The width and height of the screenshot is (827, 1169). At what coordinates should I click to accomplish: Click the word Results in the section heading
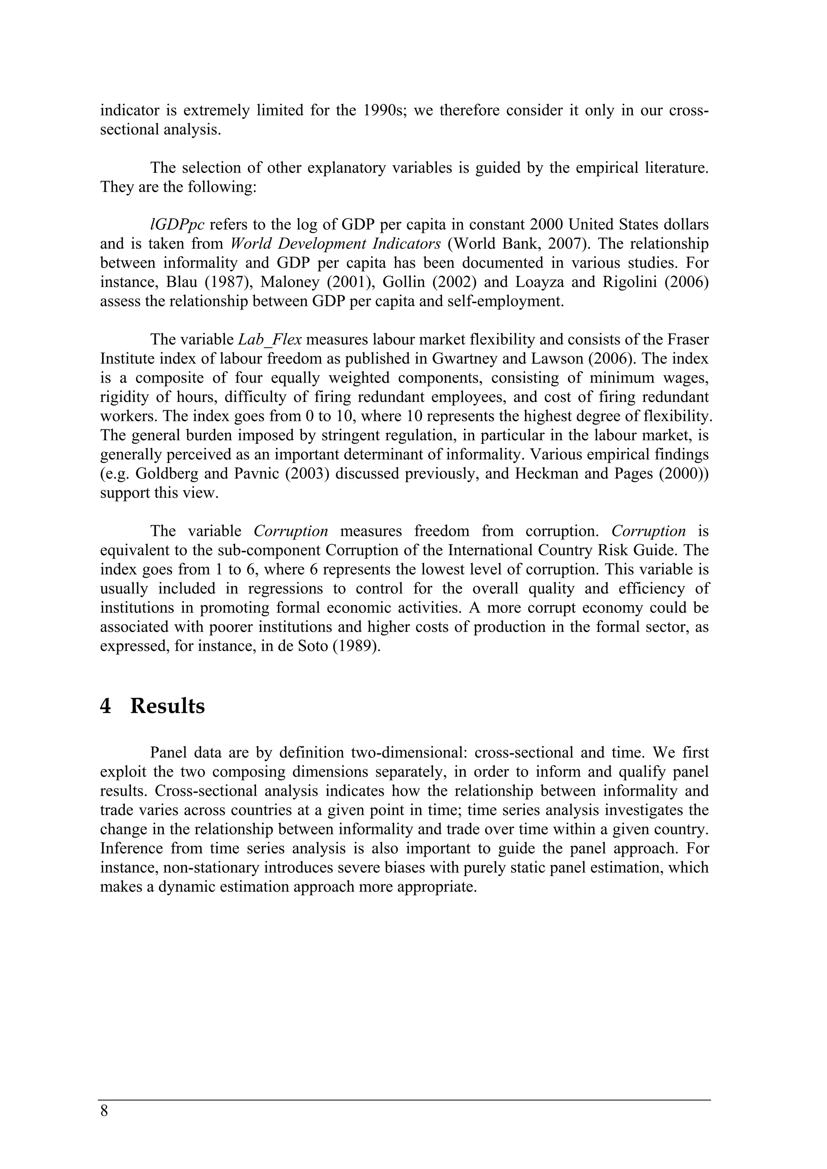167,707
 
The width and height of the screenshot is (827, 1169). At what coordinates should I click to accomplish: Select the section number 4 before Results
105,707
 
